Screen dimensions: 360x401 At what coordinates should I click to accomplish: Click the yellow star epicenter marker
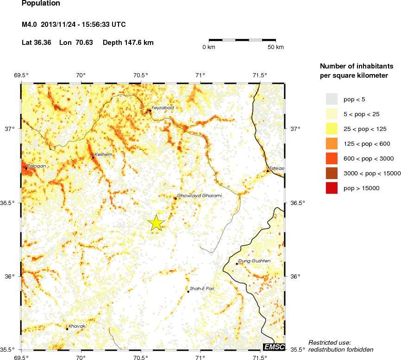(157, 223)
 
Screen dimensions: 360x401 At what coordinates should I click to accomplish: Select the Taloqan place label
(37, 166)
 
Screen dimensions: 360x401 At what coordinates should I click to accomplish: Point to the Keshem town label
(103, 155)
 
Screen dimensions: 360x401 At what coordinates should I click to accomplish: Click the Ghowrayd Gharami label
(200, 196)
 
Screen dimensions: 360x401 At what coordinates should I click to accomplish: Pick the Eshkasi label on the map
(276, 168)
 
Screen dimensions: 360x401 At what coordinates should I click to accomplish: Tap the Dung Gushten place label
(254, 261)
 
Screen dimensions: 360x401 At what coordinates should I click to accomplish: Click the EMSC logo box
(274, 347)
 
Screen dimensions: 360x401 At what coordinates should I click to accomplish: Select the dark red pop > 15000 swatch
(332, 188)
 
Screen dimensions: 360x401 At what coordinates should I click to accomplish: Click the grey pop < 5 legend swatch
(332, 99)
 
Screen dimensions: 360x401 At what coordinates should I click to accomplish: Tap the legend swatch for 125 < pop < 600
(332, 143)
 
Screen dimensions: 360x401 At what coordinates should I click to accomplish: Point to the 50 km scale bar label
(276, 47)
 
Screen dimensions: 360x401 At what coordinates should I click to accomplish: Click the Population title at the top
(41, 3)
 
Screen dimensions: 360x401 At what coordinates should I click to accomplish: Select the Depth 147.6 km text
(128, 43)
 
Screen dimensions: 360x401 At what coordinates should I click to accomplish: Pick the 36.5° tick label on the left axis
(11, 203)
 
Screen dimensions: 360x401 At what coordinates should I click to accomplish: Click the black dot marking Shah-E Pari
(188, 292)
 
